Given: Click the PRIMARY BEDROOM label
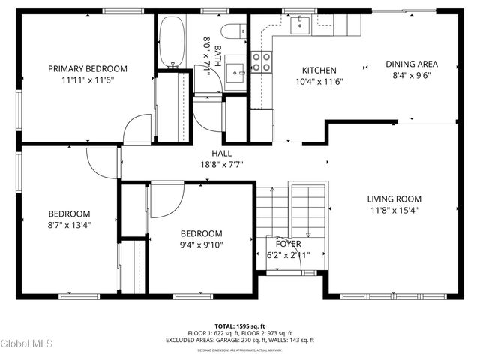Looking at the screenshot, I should tap(88, 68).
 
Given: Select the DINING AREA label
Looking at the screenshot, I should tap(412, 64).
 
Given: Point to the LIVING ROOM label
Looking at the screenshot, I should tap(394, 199).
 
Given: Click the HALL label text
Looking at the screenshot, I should tap(222, 154).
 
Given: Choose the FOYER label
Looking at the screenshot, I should tap(288, 244).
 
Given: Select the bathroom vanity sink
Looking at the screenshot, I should tap(237, 73).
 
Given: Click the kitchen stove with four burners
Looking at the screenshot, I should tap(262, 62).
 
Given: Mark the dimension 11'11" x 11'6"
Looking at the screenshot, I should tap(88, 80).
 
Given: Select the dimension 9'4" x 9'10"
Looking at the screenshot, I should tap(201, 244).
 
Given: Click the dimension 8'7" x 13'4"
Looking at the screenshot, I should tap(69, 224).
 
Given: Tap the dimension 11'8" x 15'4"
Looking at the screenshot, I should tap(394, 211).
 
